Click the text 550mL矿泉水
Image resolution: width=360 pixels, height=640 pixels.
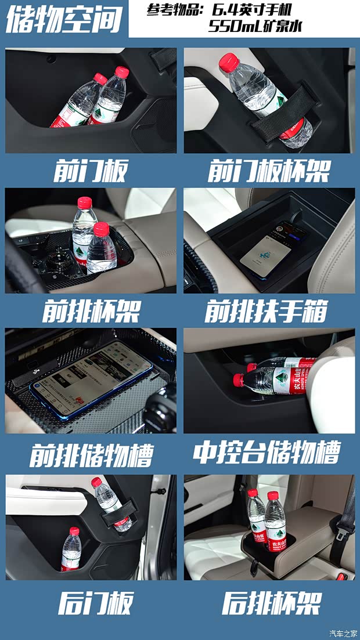coord(255,27)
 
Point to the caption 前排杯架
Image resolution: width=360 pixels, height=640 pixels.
coord(91,312)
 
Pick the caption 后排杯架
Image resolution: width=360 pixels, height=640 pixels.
coord(271,603)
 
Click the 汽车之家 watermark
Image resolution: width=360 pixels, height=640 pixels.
coord(344,633)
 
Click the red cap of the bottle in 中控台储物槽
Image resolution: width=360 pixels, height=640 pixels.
coord(238,380)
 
